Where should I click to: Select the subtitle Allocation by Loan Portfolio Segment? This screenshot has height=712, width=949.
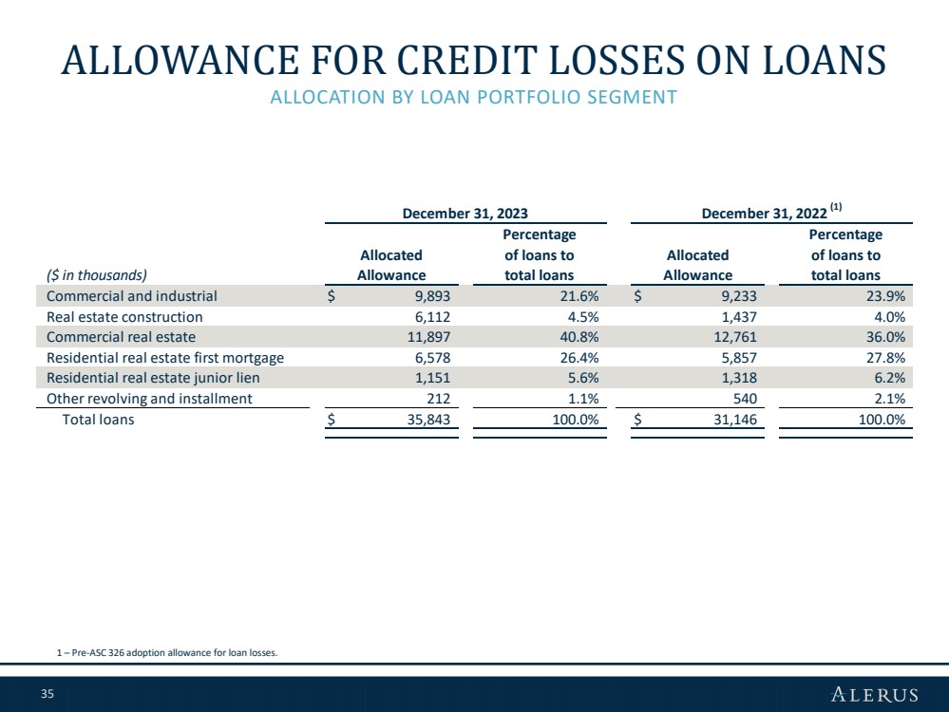click(473, 97)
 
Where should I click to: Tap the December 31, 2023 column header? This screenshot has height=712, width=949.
click(465, 214)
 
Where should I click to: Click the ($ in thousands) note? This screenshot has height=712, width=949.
click(97, 275)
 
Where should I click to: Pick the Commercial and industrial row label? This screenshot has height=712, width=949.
click(132, 296)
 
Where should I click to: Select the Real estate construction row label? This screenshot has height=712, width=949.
click(124, 317)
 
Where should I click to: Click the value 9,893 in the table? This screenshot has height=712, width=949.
click(432, 296)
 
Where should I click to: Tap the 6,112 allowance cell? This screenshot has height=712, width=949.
click(432, 317)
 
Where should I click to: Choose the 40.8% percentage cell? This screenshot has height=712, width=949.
click(579, 337)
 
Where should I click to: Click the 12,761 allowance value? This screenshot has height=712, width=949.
click(735, 337)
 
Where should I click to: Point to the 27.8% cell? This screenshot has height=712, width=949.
click(885, 358)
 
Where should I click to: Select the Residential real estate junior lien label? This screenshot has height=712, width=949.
click(153, 378)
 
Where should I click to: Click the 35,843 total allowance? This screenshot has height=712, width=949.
click(428, 420)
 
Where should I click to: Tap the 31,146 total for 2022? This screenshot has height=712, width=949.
click(735, 420)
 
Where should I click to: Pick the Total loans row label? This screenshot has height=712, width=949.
click(98, 420)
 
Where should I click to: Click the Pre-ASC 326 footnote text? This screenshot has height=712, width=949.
click(167, 653)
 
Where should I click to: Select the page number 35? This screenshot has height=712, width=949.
click(47, 694)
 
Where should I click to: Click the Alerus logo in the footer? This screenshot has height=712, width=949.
click(875, 694)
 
